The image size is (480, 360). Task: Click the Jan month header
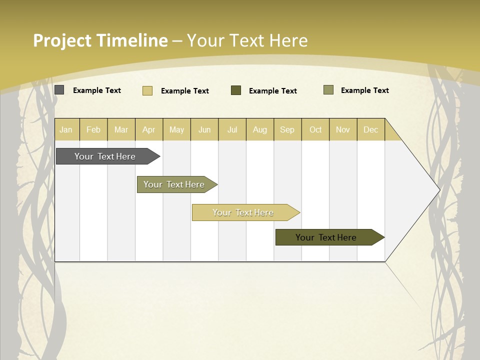[x=66, y=130]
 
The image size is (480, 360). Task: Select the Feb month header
[x=93, y=130]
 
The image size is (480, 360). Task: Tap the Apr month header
[x=148, y=130]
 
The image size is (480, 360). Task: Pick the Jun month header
[x=204, y=130]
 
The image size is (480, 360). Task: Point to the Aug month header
[x=259, y=130]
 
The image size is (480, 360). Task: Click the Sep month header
[x=287, y=130]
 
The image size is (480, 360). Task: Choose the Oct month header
[x=315, y=130]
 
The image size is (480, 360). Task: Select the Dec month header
[x=370, y=130]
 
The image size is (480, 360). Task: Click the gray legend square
[x=59, y=90]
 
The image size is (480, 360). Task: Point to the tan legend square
[x=147, y=90]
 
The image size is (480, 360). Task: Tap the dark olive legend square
[x=236, y=90]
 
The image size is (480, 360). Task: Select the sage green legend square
[x=328, y=90]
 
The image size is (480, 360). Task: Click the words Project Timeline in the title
[x=100, y=40]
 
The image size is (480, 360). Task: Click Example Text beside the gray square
[x=97, y=90]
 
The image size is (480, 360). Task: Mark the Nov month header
[x=343, y=130]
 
